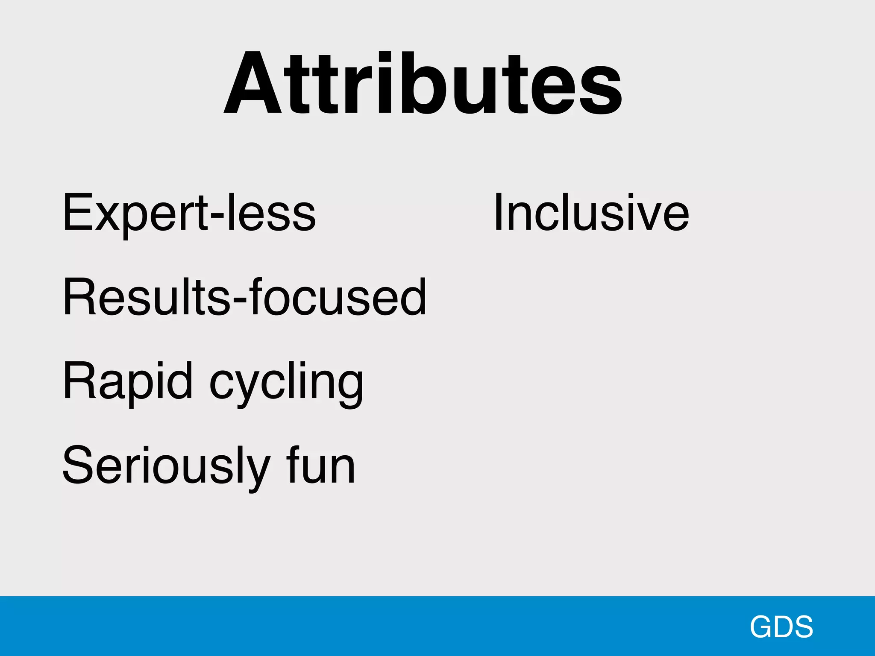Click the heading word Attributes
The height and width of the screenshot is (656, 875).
tap(423, 83)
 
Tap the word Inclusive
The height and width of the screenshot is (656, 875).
tap(591, 212)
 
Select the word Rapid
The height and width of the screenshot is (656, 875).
tap(128, 381)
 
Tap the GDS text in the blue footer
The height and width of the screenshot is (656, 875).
tap(781, 627)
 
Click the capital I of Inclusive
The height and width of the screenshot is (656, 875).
tap(498, 212)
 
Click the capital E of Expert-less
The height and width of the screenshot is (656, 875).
tap(77, 212)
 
